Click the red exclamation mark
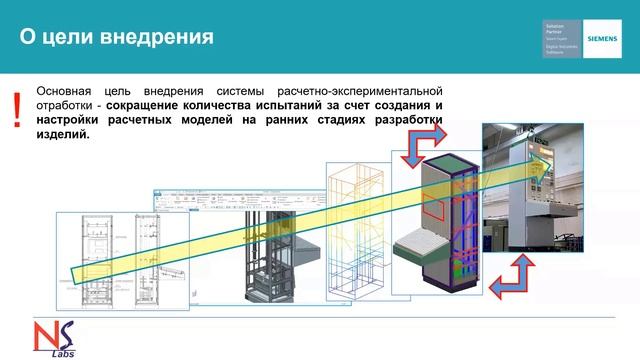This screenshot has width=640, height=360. [16, 111]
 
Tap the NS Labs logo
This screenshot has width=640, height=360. [46, 338]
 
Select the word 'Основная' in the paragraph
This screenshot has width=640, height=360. [66, 88]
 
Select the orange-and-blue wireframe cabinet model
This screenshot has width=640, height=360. [355, 225]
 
